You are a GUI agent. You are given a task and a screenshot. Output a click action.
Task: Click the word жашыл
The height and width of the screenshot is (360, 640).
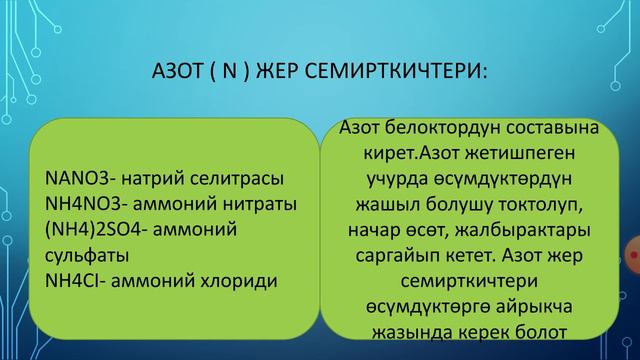[x=385, y=205]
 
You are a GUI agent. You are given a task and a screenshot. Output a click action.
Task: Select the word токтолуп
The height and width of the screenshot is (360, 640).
[x=548, y=205]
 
